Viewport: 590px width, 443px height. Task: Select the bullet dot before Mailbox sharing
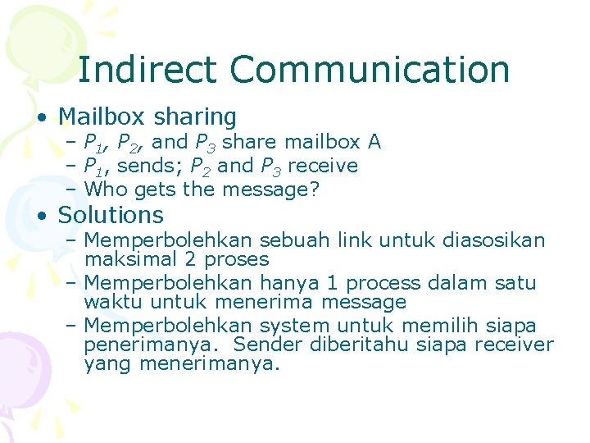tap(40, 118)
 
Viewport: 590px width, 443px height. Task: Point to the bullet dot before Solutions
tap(40, 217)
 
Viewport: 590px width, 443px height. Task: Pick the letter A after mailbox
tap(374, 142)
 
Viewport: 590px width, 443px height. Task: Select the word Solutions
tap(111, 215)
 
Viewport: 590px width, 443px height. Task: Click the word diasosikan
tap(493, 240)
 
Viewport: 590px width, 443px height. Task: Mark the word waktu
tap(111, 302)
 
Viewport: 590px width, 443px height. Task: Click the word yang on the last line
tap(107, 364)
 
